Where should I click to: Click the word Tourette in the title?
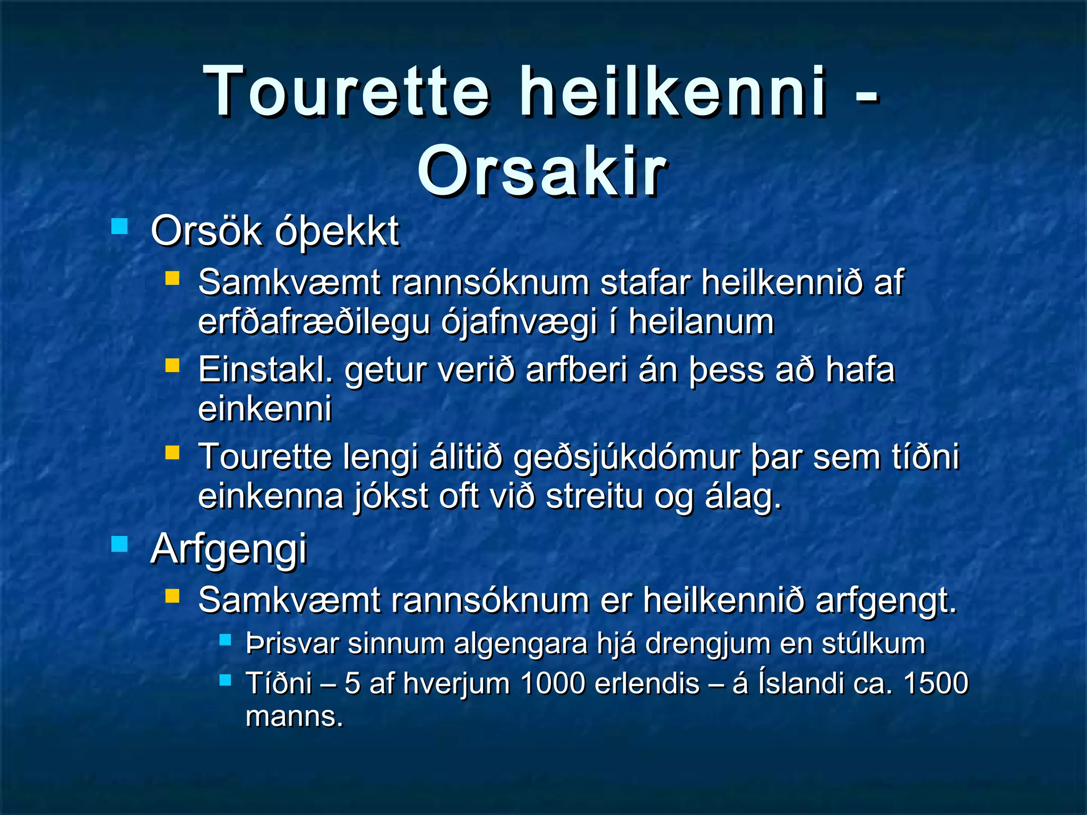(x=348, y=91)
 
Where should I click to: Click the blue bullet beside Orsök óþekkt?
(x=119, y=227)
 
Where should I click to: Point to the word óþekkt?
(x=338, y=232)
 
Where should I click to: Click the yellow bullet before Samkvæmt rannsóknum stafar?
(x=172, y=278)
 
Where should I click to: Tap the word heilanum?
(x=701, y=322)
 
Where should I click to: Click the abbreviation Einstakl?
(x=265, y=370)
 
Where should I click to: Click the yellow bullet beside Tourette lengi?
(x=172, y=453)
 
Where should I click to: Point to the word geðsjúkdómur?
(x=627, y=457)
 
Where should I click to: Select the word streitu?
(x=594, y=497)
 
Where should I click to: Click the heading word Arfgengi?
(x=229, y=550)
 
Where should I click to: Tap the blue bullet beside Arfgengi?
(x=119, y=544)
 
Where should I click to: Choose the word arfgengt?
(x=886, y=601)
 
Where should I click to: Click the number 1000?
(x=553, y=683)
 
